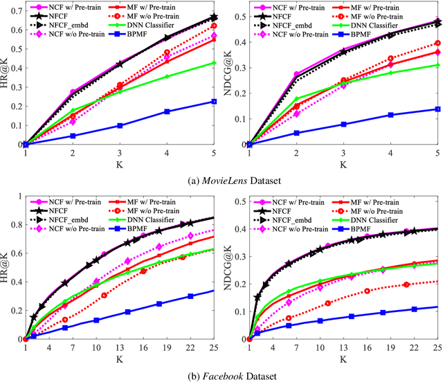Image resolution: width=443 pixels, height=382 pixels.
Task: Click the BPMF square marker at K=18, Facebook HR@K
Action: [x=159, y=304]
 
